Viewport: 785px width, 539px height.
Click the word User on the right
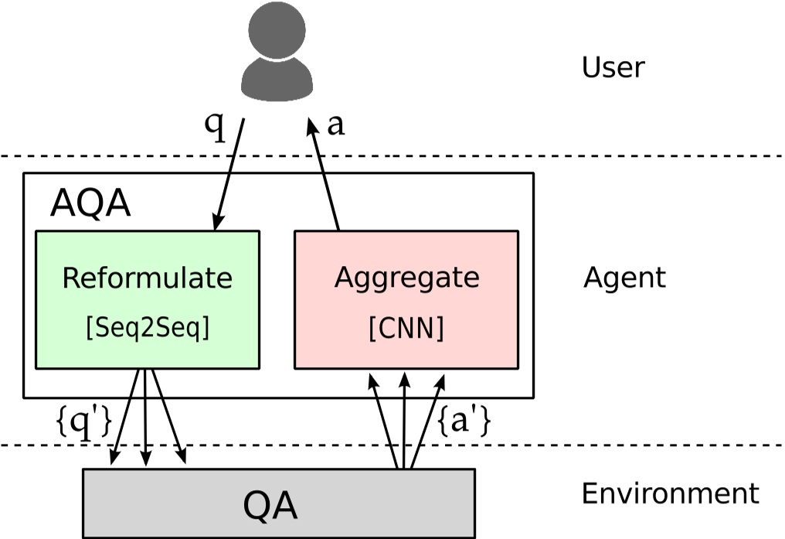(x=613, y=68)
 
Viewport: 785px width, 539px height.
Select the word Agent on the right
(x=624, y=278)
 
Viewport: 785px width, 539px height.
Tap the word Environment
(x=670, y=493)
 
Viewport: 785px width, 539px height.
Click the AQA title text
(x=90, y=205)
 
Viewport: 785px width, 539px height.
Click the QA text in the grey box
(x=270, y=507)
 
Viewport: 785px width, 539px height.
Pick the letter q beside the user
(x=216, y=126)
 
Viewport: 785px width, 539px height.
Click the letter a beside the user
(x=335, y=125)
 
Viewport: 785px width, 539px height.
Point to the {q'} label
(x=84, y=422)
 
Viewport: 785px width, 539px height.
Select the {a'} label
(x=465, y=422)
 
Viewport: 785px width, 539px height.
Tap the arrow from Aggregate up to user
(x=325, y=174)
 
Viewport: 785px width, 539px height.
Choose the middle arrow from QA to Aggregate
(x=403, y=421)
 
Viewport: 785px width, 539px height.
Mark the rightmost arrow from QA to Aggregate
(x=427, y=421)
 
